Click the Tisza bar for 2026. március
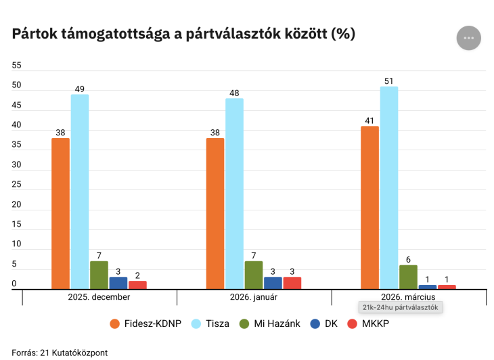coord(389,187)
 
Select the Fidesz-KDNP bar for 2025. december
coord(60,213)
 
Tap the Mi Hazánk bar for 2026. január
coord(254,275)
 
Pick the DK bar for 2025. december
coord(118,283)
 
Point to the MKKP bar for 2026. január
coord(292,283)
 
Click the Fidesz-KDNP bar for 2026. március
coord(369,207)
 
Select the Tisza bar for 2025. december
coord(80,192)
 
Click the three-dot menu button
coord(468,38)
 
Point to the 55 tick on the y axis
coord(17,66)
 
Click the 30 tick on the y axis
coord(17,165)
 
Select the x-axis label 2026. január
coord(254,297)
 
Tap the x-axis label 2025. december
coord(99,297)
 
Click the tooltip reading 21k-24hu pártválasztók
coord(400,307)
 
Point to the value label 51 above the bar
coord(388,81)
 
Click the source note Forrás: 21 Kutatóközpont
coord(60,353)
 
